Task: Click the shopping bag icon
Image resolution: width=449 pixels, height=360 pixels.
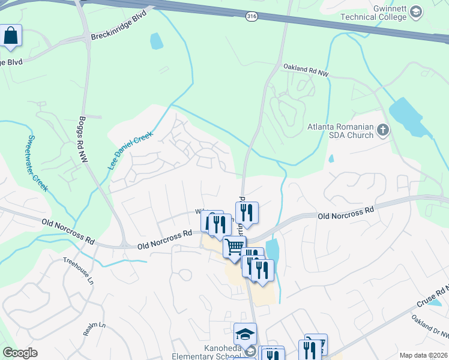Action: (11, 35)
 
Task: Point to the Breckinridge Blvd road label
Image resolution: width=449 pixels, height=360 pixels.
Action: (118, 32)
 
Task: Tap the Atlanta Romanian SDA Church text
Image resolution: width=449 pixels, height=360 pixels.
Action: (340, 131)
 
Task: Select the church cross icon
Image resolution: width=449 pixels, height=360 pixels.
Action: (382, 129)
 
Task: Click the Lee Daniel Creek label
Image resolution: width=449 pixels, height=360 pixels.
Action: (131, 151)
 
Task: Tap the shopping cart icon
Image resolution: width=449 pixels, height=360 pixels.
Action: (234, 246)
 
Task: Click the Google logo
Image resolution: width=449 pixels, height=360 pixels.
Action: (20, 353)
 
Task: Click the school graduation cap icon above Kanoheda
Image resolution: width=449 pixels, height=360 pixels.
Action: (245, 334)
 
